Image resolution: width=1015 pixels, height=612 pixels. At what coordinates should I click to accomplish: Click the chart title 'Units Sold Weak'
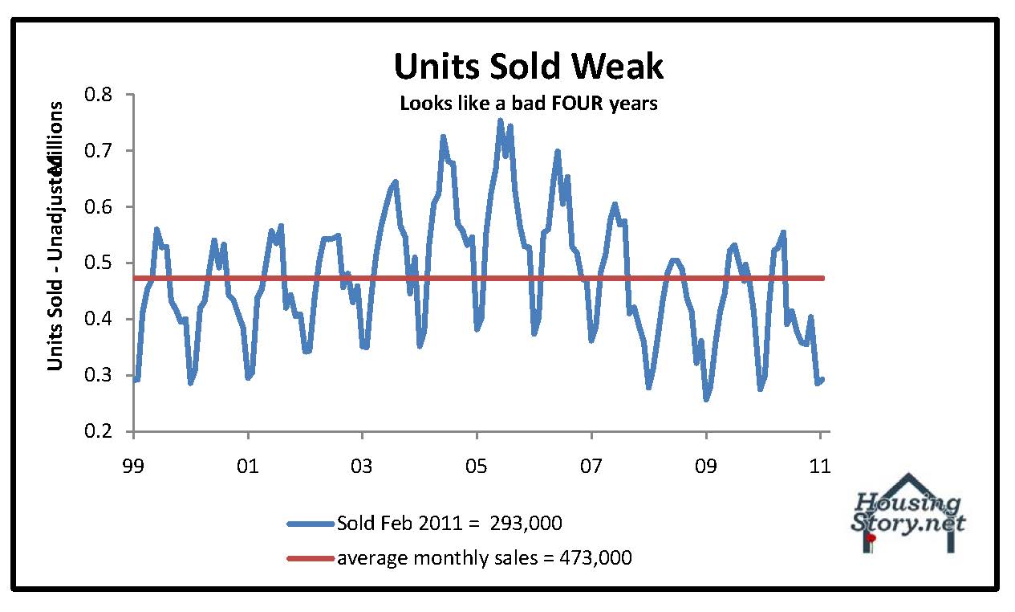(529, 67)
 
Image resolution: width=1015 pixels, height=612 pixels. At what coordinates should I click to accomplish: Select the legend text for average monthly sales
(484, 557)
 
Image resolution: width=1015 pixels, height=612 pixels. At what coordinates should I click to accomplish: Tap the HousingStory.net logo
(907, 514)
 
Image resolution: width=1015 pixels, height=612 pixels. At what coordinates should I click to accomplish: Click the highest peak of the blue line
(499, 120)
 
